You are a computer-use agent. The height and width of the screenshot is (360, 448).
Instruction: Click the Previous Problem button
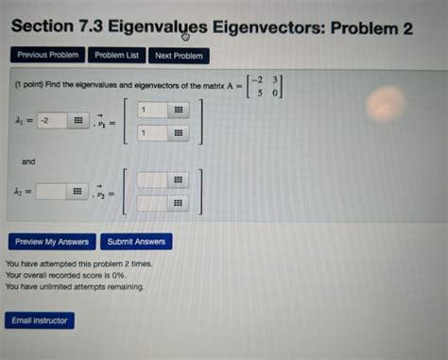[45, 56]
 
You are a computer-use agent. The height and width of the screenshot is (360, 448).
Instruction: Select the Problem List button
[116, 56]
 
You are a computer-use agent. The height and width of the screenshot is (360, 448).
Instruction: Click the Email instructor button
[40, 320]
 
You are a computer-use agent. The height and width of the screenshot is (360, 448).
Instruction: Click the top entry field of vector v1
[151, 111]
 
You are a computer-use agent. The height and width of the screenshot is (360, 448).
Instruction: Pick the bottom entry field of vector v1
[151, 134]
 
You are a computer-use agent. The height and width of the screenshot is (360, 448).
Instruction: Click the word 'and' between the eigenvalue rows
[28, 162]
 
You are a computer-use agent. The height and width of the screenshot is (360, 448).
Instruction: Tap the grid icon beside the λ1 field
[79, 121]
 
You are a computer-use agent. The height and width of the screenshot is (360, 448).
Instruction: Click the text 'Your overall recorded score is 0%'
[66, 274]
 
